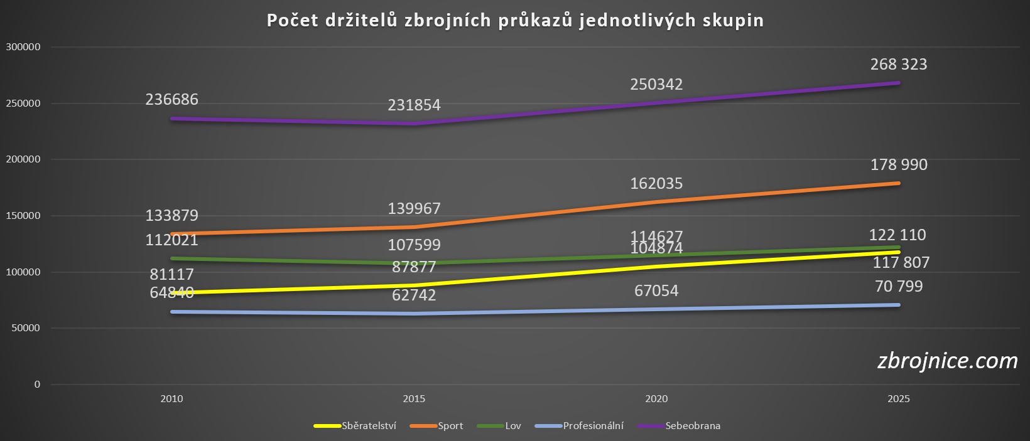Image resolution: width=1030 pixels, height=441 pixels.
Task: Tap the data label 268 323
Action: coord(899,65)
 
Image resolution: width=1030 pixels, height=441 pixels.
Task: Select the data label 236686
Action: coord(171,100)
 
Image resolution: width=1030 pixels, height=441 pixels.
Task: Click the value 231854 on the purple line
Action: coord(414,105)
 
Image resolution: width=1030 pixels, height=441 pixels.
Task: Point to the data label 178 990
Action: coord(899,165)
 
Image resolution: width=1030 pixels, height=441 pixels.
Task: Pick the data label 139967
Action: coord(414,208)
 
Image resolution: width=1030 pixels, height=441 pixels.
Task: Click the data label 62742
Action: coord(414,295)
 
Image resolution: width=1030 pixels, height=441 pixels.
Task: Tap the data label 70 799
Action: coord(899,287)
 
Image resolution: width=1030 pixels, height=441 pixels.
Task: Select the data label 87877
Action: coord(414,266)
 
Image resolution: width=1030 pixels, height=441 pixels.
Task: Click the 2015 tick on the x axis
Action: coord(414,399)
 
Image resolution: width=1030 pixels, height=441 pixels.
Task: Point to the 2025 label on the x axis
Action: coord(899,399)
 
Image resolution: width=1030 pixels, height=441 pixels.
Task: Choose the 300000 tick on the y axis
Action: coord(23,47)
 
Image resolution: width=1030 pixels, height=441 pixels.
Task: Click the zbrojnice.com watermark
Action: coord(947,361)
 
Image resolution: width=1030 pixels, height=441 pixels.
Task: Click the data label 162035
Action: coord(656,184)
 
